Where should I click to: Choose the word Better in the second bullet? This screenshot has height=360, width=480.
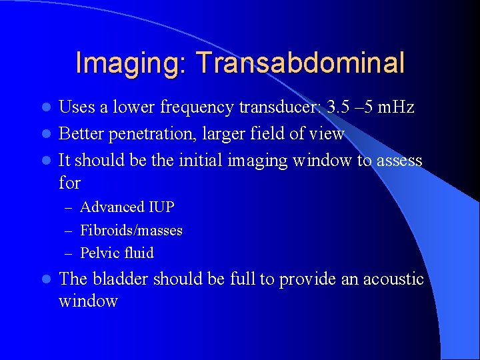point(81,134)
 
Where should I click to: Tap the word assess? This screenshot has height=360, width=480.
point(399,161)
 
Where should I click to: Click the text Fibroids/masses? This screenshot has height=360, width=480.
point(131,231)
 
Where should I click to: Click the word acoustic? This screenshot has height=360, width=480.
point(393,279)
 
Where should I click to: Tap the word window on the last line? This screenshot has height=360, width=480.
point(88,301)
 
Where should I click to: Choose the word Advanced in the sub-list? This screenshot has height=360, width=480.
point(111,207)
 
